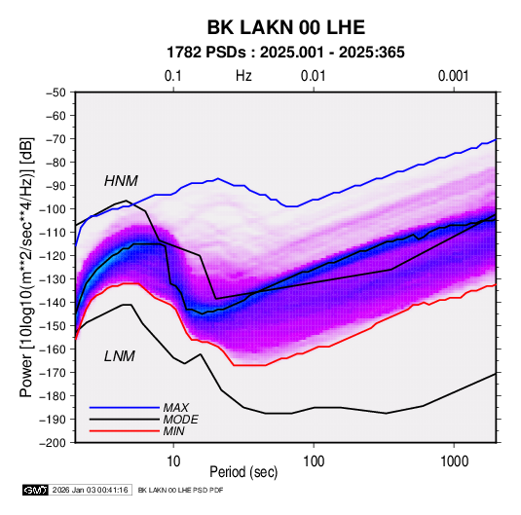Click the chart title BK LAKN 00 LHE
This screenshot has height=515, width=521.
coord(286,27)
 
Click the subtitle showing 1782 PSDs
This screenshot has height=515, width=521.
coord(285,53)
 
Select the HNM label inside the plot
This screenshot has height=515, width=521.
coord(121,181)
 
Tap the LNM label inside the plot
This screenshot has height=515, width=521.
coord(120,356)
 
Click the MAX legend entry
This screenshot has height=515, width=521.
coord(175,408)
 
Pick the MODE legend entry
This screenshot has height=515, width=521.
coord(180,420)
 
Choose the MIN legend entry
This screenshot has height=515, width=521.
coord(173,431)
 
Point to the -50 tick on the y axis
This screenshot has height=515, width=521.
coord(56,92)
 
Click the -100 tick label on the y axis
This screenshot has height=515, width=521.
coord(53,209)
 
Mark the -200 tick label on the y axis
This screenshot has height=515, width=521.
coord(53,443)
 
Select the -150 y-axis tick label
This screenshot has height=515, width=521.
coord(53,326)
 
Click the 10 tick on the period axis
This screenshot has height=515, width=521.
coord(173,461)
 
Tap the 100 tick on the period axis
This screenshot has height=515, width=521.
coord(314,461)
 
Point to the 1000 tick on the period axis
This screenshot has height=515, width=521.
coord(454,461)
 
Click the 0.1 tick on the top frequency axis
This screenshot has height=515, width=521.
coord(173,76)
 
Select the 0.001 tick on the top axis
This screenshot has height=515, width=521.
coord(454,76)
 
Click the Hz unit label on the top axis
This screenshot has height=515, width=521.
coord(243,76)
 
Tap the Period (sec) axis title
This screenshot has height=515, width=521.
coord(243,472)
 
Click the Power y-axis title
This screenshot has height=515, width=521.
coord(26,267)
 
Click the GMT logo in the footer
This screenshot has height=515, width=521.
coord(36,490)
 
